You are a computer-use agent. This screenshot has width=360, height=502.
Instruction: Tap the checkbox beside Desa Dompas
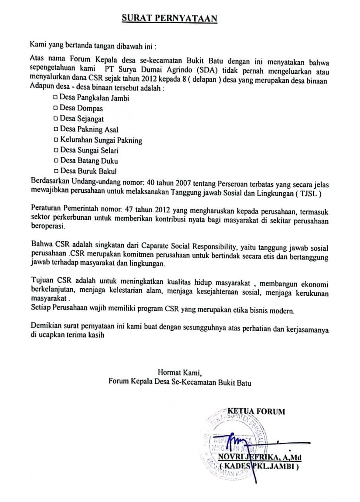click(55, 108)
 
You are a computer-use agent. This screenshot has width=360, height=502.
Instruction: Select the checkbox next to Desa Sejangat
click(55, 119)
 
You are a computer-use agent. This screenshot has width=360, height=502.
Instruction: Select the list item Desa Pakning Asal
click(88, 129)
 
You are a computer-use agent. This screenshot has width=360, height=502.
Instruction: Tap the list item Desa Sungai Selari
click(89, 150)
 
